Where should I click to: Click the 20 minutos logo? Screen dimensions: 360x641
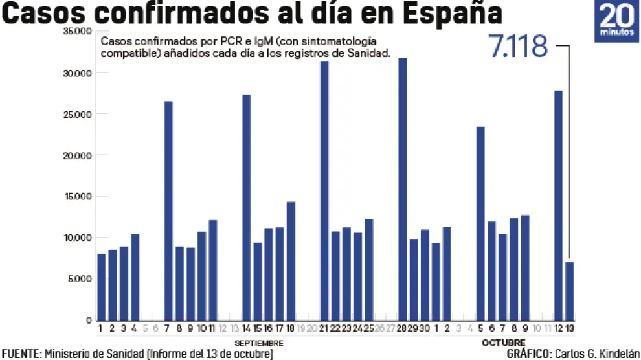coord(615,22)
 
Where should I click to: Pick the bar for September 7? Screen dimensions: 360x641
coord(168,210)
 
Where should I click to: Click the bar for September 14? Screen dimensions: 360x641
coord(246,207)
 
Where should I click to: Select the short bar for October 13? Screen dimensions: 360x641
coord(570,291)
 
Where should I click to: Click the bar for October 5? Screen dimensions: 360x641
coord(480,223)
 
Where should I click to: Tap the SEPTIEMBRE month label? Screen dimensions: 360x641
coord(258,343)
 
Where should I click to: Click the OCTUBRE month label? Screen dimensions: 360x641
coord(504,343)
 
